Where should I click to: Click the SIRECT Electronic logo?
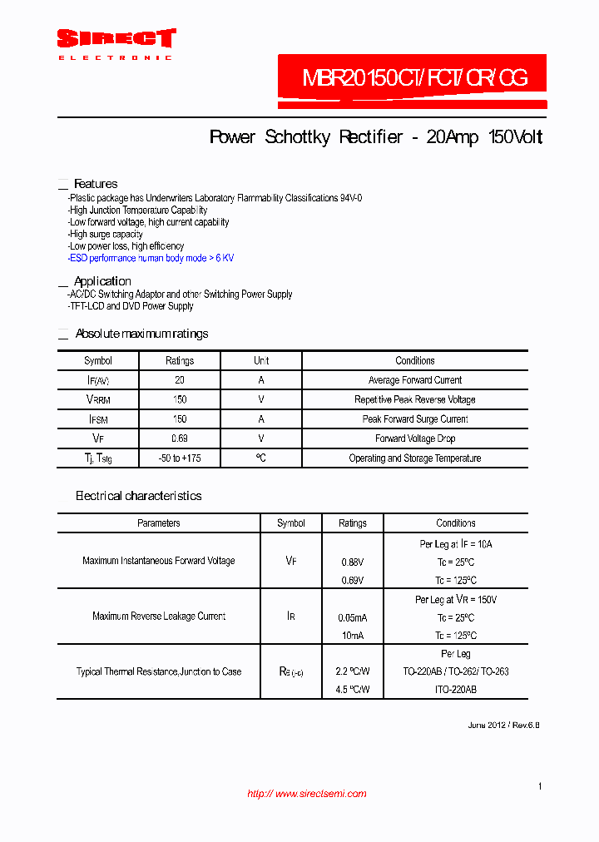pyautogui.click(x=116, y=43)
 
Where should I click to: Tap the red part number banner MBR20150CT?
pyautogui.click(x=413, y=79)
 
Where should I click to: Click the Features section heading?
pyautogui.click(x=95, y=184)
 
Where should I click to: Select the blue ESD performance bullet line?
pyautogui.click(x=151, y=258)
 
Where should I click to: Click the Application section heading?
pyautogui.click(x=101, y=281)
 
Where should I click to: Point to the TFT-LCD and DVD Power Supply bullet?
pyautogui.click(x=131, y=306)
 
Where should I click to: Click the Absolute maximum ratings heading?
pyautogui.click(x=141, y=334)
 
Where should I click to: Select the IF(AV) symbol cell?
pyautogui.click(x=98, y=380)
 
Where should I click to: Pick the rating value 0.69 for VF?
pyautogui.click(x=179, y=438)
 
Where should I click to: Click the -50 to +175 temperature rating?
pyautogui.click(x=179, y=458)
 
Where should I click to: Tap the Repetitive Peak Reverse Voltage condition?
pyautogui.click(x=414, y=399)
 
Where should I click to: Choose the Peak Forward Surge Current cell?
pyautogui.click(x=414, y=419)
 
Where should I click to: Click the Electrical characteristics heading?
pyautogui.click(x=138, y=496)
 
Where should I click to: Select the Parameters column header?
pyautogui.click(x=158, y=523)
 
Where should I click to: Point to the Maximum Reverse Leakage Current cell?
pyautogui.click(x=158, y=617)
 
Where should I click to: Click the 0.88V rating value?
pyautogui.click(x=352, y=562)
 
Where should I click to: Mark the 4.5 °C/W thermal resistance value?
pyautogui.click(x=352, y=690)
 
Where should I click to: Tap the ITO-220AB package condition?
pyautogui.click(x=455, y=690)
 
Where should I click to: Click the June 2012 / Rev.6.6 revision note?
pyautogui.click(x=503, y=726)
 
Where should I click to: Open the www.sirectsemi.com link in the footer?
pyautogui.click(x=307, y=794)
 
